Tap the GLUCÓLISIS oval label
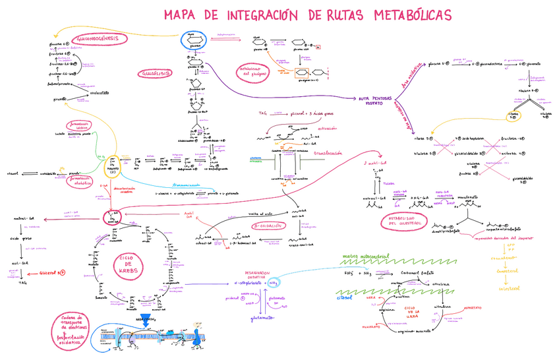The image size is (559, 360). pyautogui.click(x=155, y=73)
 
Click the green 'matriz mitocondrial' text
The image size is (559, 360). pyautogui.click(x=367, y=256)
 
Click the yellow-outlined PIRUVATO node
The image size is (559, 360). pyautogui.click(x=112, y=164)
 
